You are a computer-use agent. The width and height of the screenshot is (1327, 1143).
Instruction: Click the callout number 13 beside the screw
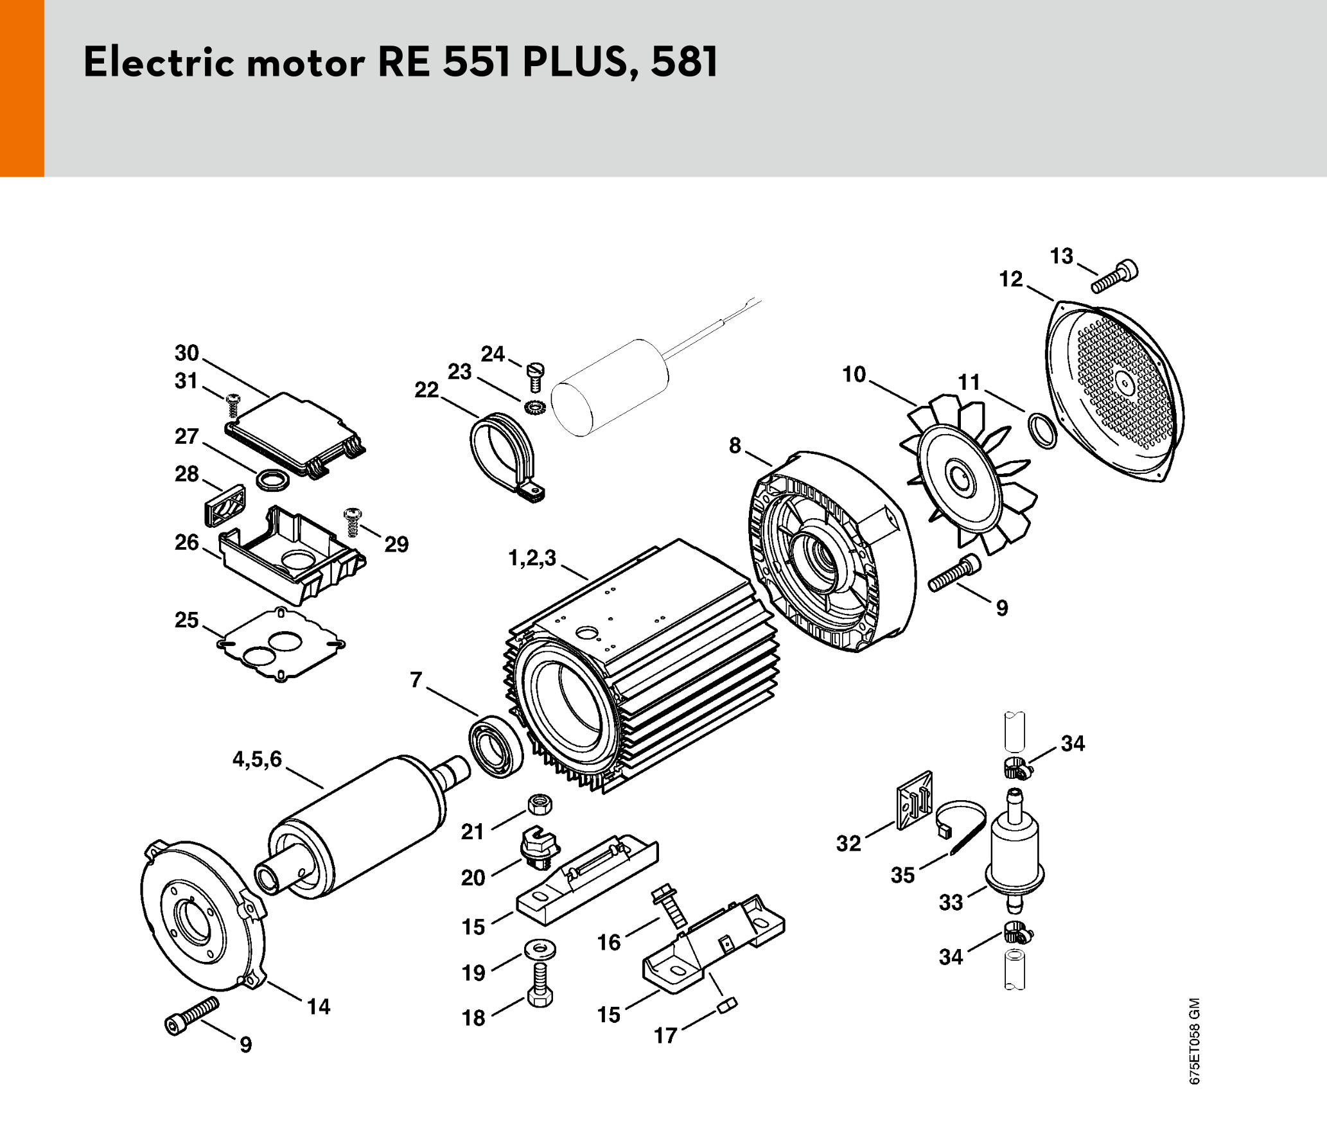pos(1061,256)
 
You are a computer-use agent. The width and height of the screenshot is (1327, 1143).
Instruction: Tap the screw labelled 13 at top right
pos(1114,277)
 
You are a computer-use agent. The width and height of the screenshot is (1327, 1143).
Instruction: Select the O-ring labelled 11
pos(1042,430)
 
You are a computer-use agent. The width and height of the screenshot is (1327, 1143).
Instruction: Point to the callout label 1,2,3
pos(532,558)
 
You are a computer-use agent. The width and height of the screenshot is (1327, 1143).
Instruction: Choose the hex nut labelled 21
pos(540,803)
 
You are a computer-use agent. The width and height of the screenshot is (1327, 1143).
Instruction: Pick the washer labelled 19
pos(540,948)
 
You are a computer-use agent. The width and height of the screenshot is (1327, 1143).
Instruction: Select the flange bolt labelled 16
pos(669,906)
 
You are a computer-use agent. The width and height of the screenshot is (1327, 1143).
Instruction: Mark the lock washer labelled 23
pos(534,406)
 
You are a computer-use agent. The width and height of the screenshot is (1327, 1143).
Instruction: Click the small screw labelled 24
pos(535,377)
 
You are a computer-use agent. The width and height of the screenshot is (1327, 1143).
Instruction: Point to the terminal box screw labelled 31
pos(233,405)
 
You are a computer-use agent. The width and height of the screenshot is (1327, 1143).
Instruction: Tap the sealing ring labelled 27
pos(272,479)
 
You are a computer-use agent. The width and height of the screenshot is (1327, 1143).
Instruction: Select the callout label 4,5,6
pos(257,759)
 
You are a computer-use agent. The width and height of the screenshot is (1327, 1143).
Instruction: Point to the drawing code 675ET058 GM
pos(1194,1041)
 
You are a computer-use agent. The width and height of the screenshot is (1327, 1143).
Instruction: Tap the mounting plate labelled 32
pos(914,800)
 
